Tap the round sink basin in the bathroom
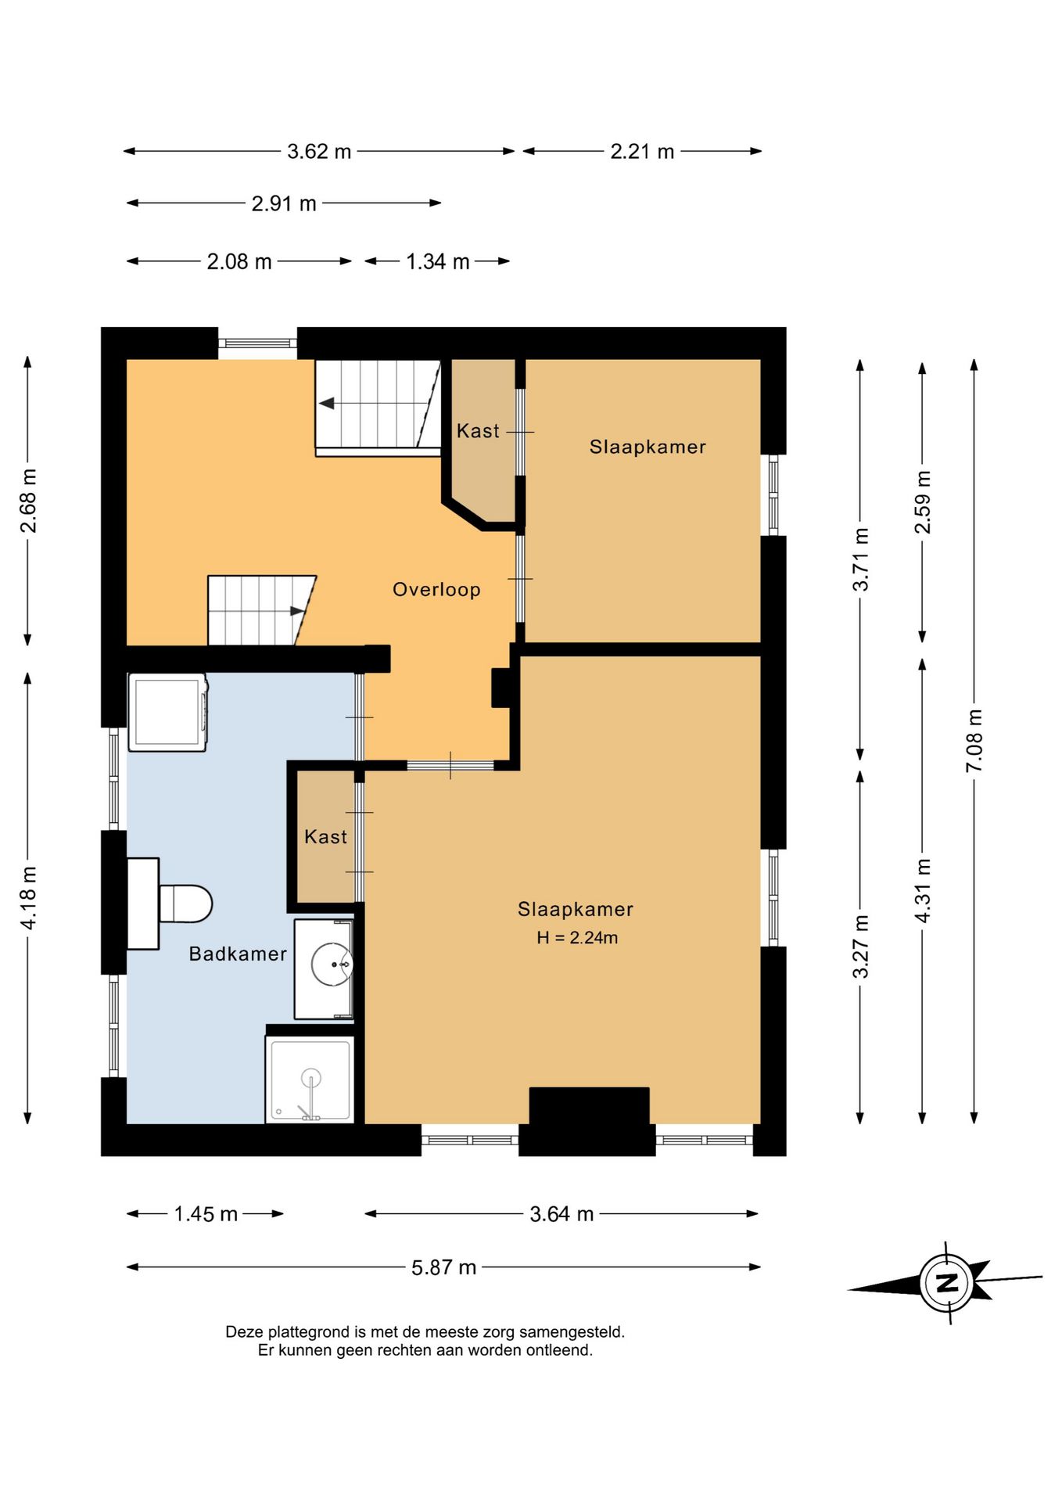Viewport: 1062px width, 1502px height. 332,964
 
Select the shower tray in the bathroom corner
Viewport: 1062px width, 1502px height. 310,1080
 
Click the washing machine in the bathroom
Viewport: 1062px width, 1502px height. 168,712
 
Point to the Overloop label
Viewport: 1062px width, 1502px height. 436,589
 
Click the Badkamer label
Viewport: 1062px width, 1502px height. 238,954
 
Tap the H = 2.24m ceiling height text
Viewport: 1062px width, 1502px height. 577,937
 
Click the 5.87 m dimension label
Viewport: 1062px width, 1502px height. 443,1267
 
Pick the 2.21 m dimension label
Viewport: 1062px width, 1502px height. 642,151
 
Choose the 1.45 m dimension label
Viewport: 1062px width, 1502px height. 206,1214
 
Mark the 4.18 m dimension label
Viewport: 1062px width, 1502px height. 28,898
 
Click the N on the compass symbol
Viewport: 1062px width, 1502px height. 947,1282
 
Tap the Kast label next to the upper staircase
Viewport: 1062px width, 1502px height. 478,431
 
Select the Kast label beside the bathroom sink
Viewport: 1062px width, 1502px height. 325,837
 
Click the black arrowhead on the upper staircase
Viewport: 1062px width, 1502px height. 326,403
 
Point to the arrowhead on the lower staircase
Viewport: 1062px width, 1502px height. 298,611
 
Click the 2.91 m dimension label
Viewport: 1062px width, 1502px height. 284,203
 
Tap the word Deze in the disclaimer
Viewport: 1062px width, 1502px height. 245,1331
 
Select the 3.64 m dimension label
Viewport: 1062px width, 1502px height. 561,1214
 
